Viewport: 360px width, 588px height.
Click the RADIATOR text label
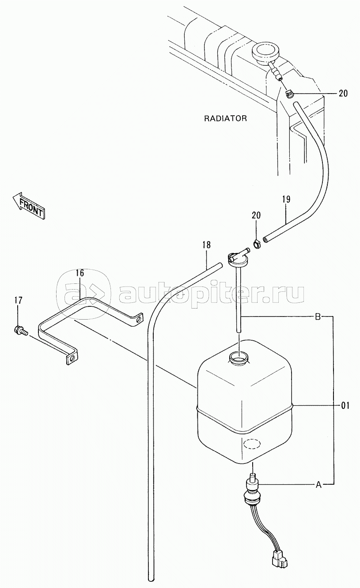click(225, 118)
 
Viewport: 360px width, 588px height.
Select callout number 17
click(18, 301)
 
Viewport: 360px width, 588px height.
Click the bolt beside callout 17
click(20, 330)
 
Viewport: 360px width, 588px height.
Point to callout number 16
click(79, 273)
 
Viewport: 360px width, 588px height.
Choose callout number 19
click(286, 199)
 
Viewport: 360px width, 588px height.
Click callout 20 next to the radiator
click(343, 93)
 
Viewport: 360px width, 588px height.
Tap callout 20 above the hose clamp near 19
click(256, 215)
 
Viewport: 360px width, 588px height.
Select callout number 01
click(345, 404)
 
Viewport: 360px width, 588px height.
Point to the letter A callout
click(318, 484)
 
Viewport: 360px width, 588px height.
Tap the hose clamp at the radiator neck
click(289, 93)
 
